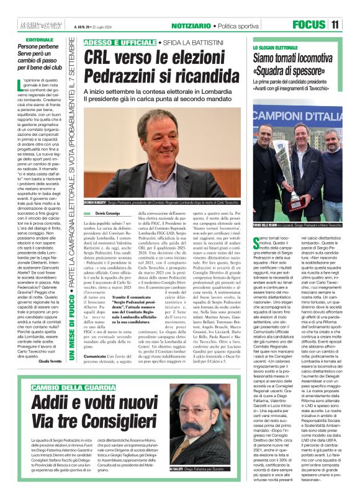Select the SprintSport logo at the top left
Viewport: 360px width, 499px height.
[x=34, y=24]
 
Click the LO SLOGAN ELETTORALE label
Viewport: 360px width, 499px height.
[x=275, y=47]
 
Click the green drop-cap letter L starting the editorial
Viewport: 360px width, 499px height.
[x=22, y=87]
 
